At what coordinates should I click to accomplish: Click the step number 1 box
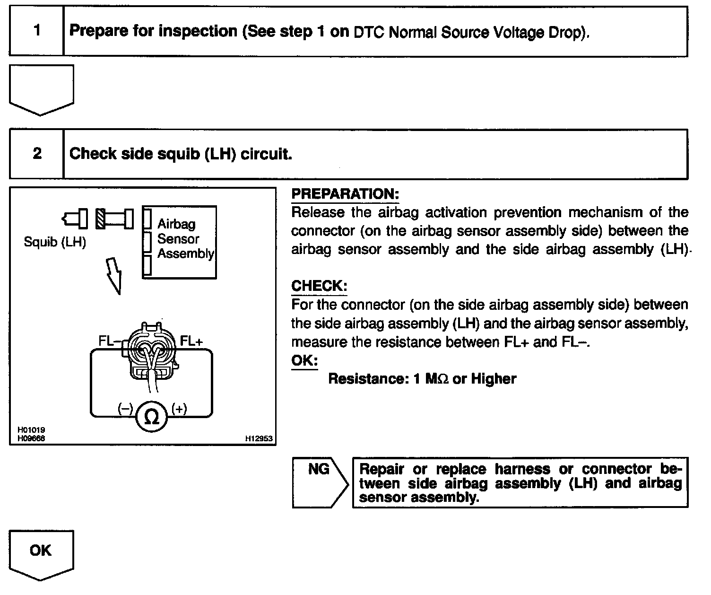pos(36,31)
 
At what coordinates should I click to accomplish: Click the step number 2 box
pos(36,154)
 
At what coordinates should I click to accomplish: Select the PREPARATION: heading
pos(345,194)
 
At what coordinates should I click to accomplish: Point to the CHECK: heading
pos(319,286)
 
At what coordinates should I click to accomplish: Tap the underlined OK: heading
pos(304,360)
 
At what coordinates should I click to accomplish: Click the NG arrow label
pos(319,469)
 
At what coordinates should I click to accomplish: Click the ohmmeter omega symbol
pos(151,417)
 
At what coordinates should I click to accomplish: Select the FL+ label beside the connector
pos(191,341)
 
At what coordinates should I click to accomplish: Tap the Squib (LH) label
pos(55,242)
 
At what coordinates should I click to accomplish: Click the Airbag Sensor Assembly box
pos(180,242)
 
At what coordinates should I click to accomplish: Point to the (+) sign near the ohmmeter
pos(179,409)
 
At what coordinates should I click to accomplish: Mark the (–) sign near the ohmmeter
pos(125,409)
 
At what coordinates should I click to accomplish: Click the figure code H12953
pos(259,438)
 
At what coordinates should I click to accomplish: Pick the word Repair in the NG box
pos(382,469)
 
